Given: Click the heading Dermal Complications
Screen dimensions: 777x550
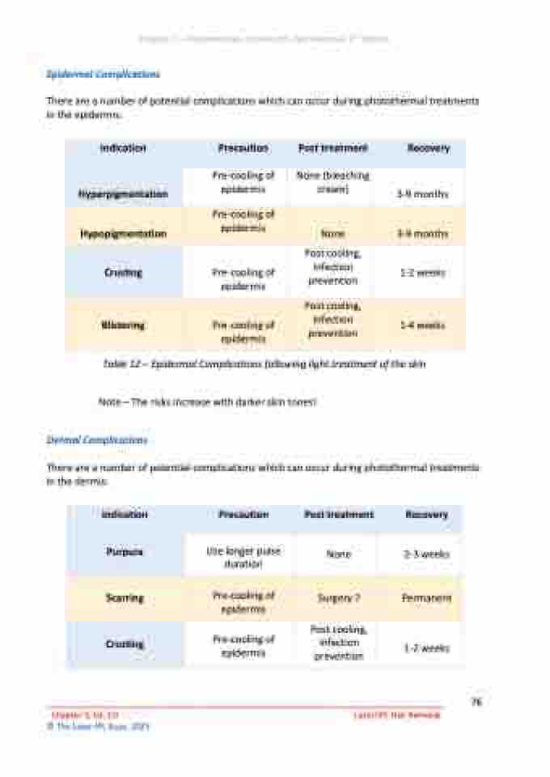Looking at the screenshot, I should point(97,439).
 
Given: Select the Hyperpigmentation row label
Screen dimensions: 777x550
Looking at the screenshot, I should point(123,194).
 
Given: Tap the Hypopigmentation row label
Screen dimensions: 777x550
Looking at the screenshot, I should point(123,234).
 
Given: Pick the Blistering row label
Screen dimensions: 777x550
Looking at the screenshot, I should point(123,325).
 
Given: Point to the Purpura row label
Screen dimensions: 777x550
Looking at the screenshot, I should point(125,552).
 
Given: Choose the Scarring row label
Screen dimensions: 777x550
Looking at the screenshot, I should point(125,598).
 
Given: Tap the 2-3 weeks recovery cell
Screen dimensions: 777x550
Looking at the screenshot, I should point(425,554).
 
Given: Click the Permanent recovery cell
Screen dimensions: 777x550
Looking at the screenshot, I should point(425,598).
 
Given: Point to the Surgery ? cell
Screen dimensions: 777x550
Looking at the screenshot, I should point(338,599).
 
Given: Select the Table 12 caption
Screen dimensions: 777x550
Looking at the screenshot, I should point(264,365).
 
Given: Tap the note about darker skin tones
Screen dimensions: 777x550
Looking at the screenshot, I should point(207,401).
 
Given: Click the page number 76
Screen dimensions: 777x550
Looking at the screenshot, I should point(476,703).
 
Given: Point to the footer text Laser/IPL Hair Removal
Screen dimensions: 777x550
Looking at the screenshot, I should point(397,715).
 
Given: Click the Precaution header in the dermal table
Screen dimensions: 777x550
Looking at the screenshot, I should point(243,515).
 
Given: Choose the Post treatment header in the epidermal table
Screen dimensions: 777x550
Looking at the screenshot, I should point(332,148).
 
